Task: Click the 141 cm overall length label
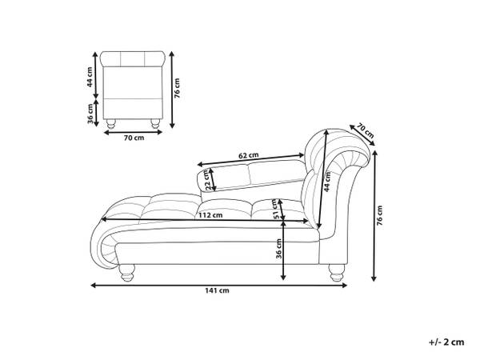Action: pyautogui.click(x=217, y=290)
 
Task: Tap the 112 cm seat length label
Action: pyautogui.click(x=210, y=215)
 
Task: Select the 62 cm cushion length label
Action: pyautogui.click(x=249, y=155)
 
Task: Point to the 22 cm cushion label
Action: pyautogui.click(x=208, y=181)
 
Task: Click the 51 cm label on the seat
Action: pyautogui.click(x=277, y=210)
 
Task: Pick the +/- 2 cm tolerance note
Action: pyautogui.click(x=446, y=342)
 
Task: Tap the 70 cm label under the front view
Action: pyautogui.click(x=134, y=138)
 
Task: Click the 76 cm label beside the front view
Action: pyautogui.click(x=177, y=88)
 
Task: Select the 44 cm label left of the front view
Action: pyautogui.click(x=90, y=77)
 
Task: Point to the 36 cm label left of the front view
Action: pyautogui.click(x=90, y=114)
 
